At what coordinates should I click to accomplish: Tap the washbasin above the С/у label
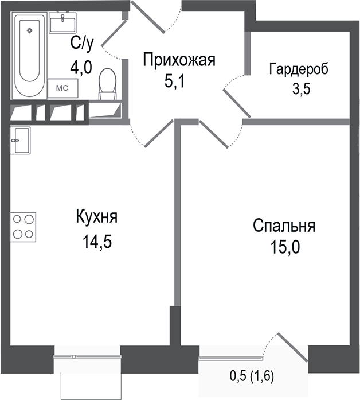(62, 24)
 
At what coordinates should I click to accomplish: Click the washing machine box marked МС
(60, 88)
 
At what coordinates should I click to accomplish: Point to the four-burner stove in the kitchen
(23, 225)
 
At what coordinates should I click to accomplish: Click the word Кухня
(96, 218)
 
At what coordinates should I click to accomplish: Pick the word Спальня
(284, 226)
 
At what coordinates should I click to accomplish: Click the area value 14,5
(96, 241)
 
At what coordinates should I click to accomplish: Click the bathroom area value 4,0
(81, 68)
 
